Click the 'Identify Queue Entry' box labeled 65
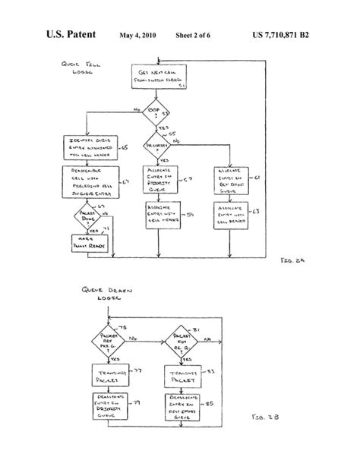click(86, 147)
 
